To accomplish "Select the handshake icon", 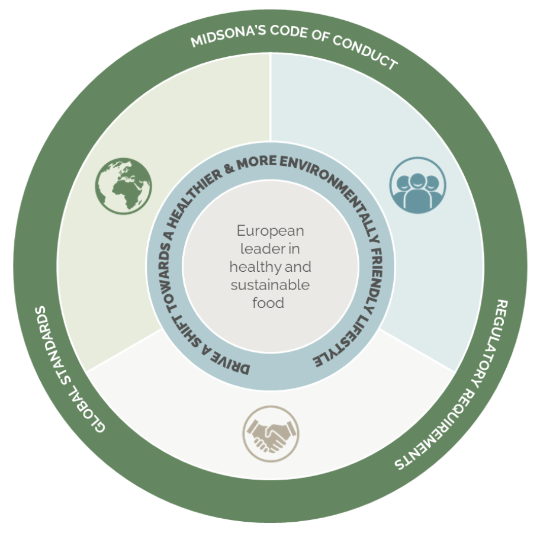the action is tap(271, 434).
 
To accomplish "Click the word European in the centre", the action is tap(270, 231).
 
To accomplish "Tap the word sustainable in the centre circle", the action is tap(270, 285).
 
